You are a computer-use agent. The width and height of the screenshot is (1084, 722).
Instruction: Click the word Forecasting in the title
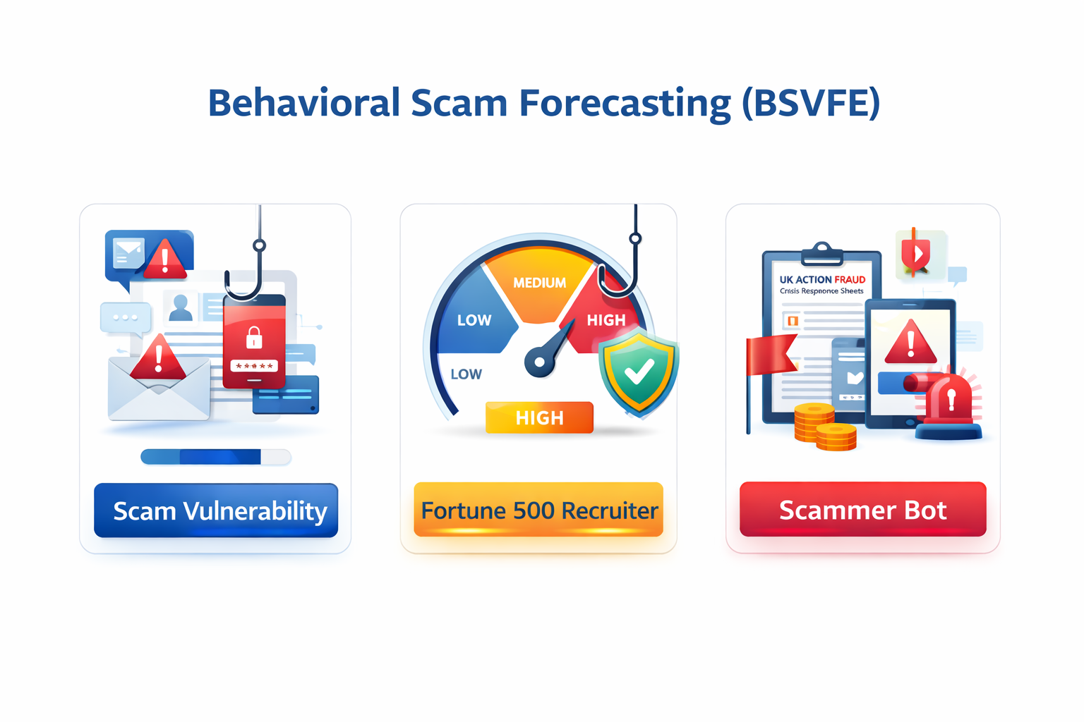pos(625,103)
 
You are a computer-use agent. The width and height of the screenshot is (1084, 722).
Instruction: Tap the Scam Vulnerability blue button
pos(216,510)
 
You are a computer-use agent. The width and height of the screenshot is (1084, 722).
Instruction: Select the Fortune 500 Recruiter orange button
pos(538,510)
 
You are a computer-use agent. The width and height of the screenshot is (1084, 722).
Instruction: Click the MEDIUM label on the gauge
pos(539,283)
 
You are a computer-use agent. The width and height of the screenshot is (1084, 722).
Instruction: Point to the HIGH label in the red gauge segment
pos(606,320)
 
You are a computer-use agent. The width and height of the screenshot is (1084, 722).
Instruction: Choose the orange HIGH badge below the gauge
pos(539,417)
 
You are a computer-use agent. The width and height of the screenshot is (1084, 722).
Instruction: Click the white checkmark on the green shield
pos(639,372)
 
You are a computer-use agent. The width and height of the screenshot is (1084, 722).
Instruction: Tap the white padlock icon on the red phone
pos(254,338)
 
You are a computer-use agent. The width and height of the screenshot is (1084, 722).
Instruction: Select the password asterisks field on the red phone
pos(254,366)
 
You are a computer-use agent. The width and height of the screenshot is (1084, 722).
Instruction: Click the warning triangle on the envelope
pos(159,357)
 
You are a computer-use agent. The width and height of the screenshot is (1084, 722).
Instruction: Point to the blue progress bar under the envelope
pos(215,457)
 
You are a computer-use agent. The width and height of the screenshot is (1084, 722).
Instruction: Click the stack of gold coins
pos(824,427)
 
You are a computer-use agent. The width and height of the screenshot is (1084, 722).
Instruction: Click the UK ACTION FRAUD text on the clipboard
pos(822,279)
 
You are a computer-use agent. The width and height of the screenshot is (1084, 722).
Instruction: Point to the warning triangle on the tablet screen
pos(910,343)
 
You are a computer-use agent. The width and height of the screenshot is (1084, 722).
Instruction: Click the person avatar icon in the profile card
pos(181,307)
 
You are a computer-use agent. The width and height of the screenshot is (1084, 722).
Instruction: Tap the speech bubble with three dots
pos(126,317)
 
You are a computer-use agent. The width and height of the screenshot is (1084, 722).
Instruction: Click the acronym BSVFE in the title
pos(811,103)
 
